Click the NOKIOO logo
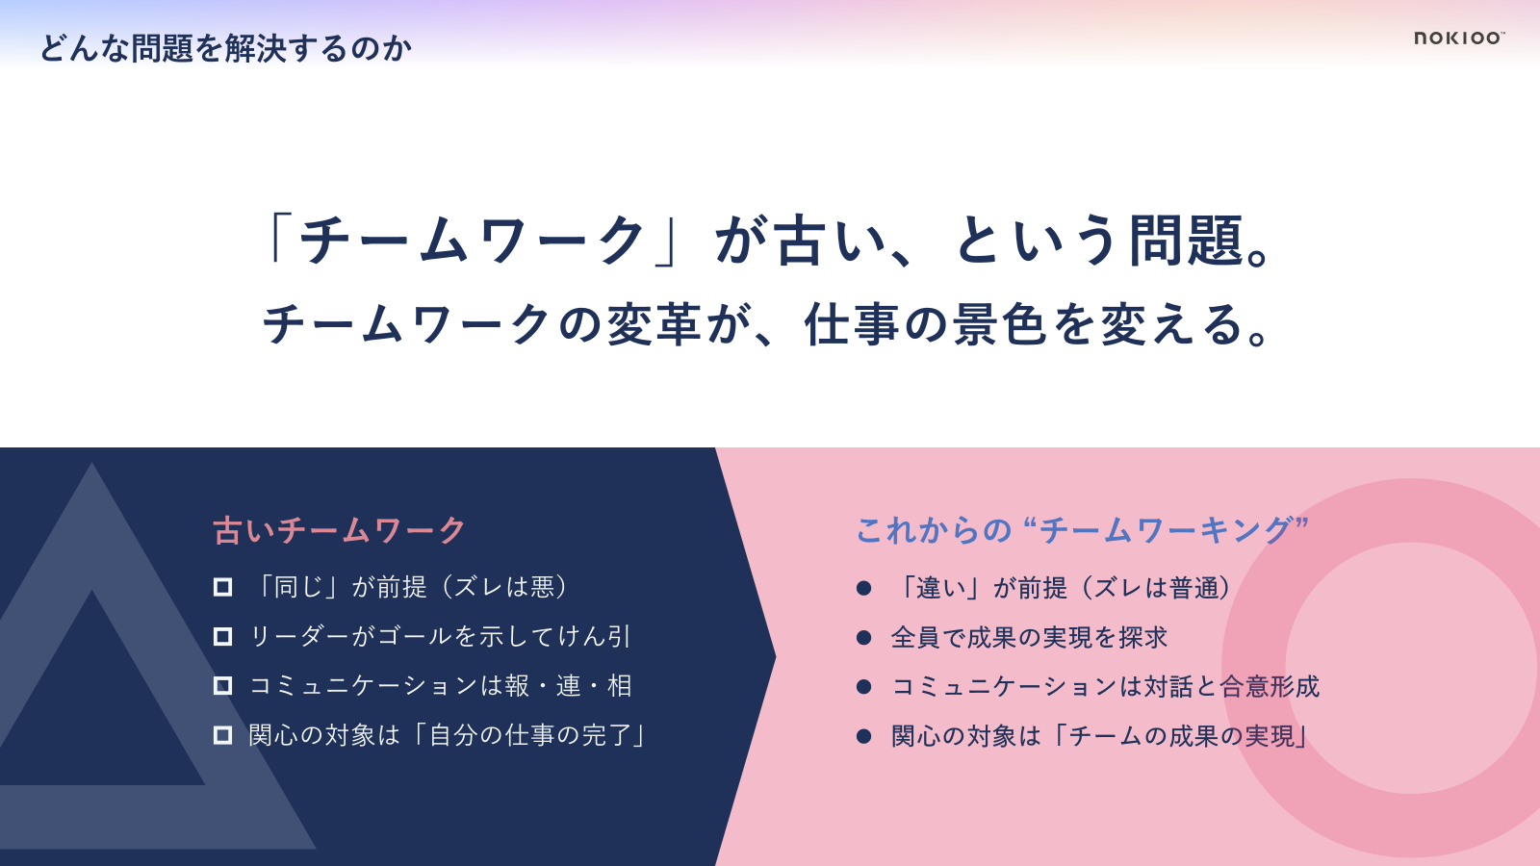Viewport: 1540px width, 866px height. (1459, 38)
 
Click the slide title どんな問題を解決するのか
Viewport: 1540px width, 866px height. (226, 49)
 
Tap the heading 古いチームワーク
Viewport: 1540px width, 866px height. (340, 530)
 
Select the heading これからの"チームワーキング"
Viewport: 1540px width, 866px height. (1082, 530)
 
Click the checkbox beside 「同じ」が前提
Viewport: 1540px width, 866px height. (222, 587)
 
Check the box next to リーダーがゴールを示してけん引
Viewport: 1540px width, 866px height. (222, 636)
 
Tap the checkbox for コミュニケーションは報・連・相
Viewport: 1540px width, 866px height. (222, 686)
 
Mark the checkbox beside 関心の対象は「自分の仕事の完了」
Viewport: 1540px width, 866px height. (222, 735)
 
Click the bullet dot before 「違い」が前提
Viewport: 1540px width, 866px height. (864, 588)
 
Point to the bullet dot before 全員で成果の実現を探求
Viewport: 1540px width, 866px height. (864, 638)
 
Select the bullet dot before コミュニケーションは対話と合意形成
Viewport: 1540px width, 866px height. (864, 687)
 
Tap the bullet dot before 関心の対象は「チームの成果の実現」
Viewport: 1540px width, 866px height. (864, 737)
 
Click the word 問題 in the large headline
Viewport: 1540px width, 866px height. (1187, 241)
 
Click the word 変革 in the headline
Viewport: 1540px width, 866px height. (654, 324)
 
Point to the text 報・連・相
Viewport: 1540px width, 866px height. (569, 686)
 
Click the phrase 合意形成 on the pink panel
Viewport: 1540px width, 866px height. (1270, 687)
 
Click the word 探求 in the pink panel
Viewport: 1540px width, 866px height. (1142, 638)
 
